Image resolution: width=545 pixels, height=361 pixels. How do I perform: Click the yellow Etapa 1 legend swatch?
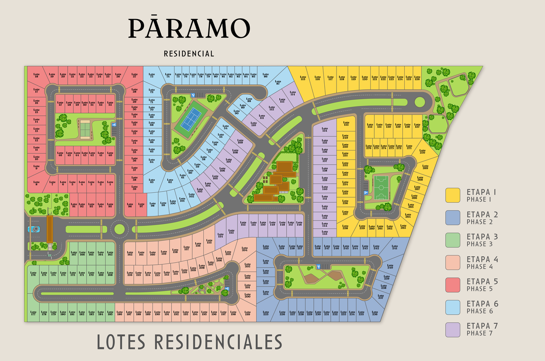[x=453, y=195]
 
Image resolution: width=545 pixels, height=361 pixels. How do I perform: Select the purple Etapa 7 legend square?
[x=453, y=329]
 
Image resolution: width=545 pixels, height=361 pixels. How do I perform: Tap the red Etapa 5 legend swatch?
[x=453, y=284]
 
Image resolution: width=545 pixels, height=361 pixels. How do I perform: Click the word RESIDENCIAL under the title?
[x=189, y=54]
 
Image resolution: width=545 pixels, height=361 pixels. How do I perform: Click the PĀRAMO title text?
[x=189, y=28]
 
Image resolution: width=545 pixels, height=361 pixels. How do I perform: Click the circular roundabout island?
[x=119, y=229]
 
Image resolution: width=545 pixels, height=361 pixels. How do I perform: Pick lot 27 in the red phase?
[x=134, y=76]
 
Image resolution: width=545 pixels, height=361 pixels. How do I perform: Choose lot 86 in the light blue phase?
[x=266, y=76]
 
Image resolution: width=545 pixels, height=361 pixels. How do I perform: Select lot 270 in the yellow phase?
[x=422, y=153]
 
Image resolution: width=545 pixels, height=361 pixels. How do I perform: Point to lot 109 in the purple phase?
[x=240, y=142]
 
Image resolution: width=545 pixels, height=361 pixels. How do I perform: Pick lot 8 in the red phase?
[x=36, y=183]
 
